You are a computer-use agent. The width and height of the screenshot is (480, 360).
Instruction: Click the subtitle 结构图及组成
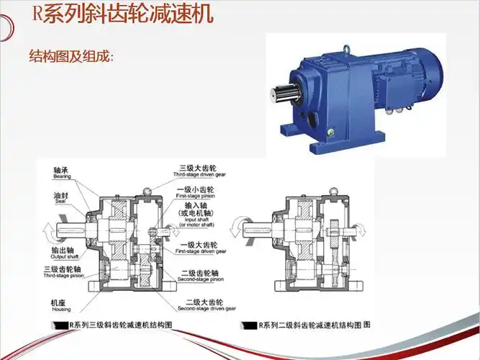[71, 56]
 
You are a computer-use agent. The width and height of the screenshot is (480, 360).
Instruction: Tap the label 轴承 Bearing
[61, 173]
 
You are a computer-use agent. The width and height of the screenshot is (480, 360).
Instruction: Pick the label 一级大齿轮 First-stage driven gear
[201, 248]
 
